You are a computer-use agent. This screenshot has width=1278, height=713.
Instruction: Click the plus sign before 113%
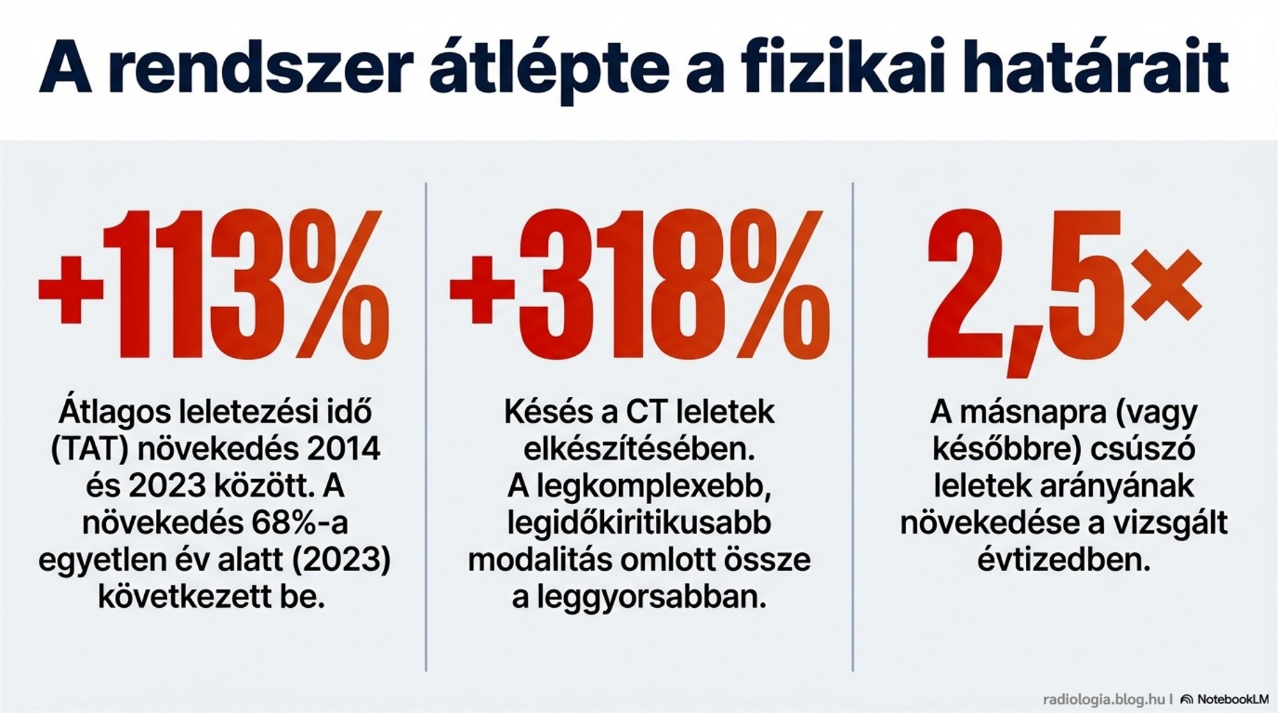pos(70,289)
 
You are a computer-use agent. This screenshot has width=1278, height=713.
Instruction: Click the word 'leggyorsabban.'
pos(639,597)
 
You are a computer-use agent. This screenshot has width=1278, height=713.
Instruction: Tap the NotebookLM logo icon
pos(1187,699)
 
